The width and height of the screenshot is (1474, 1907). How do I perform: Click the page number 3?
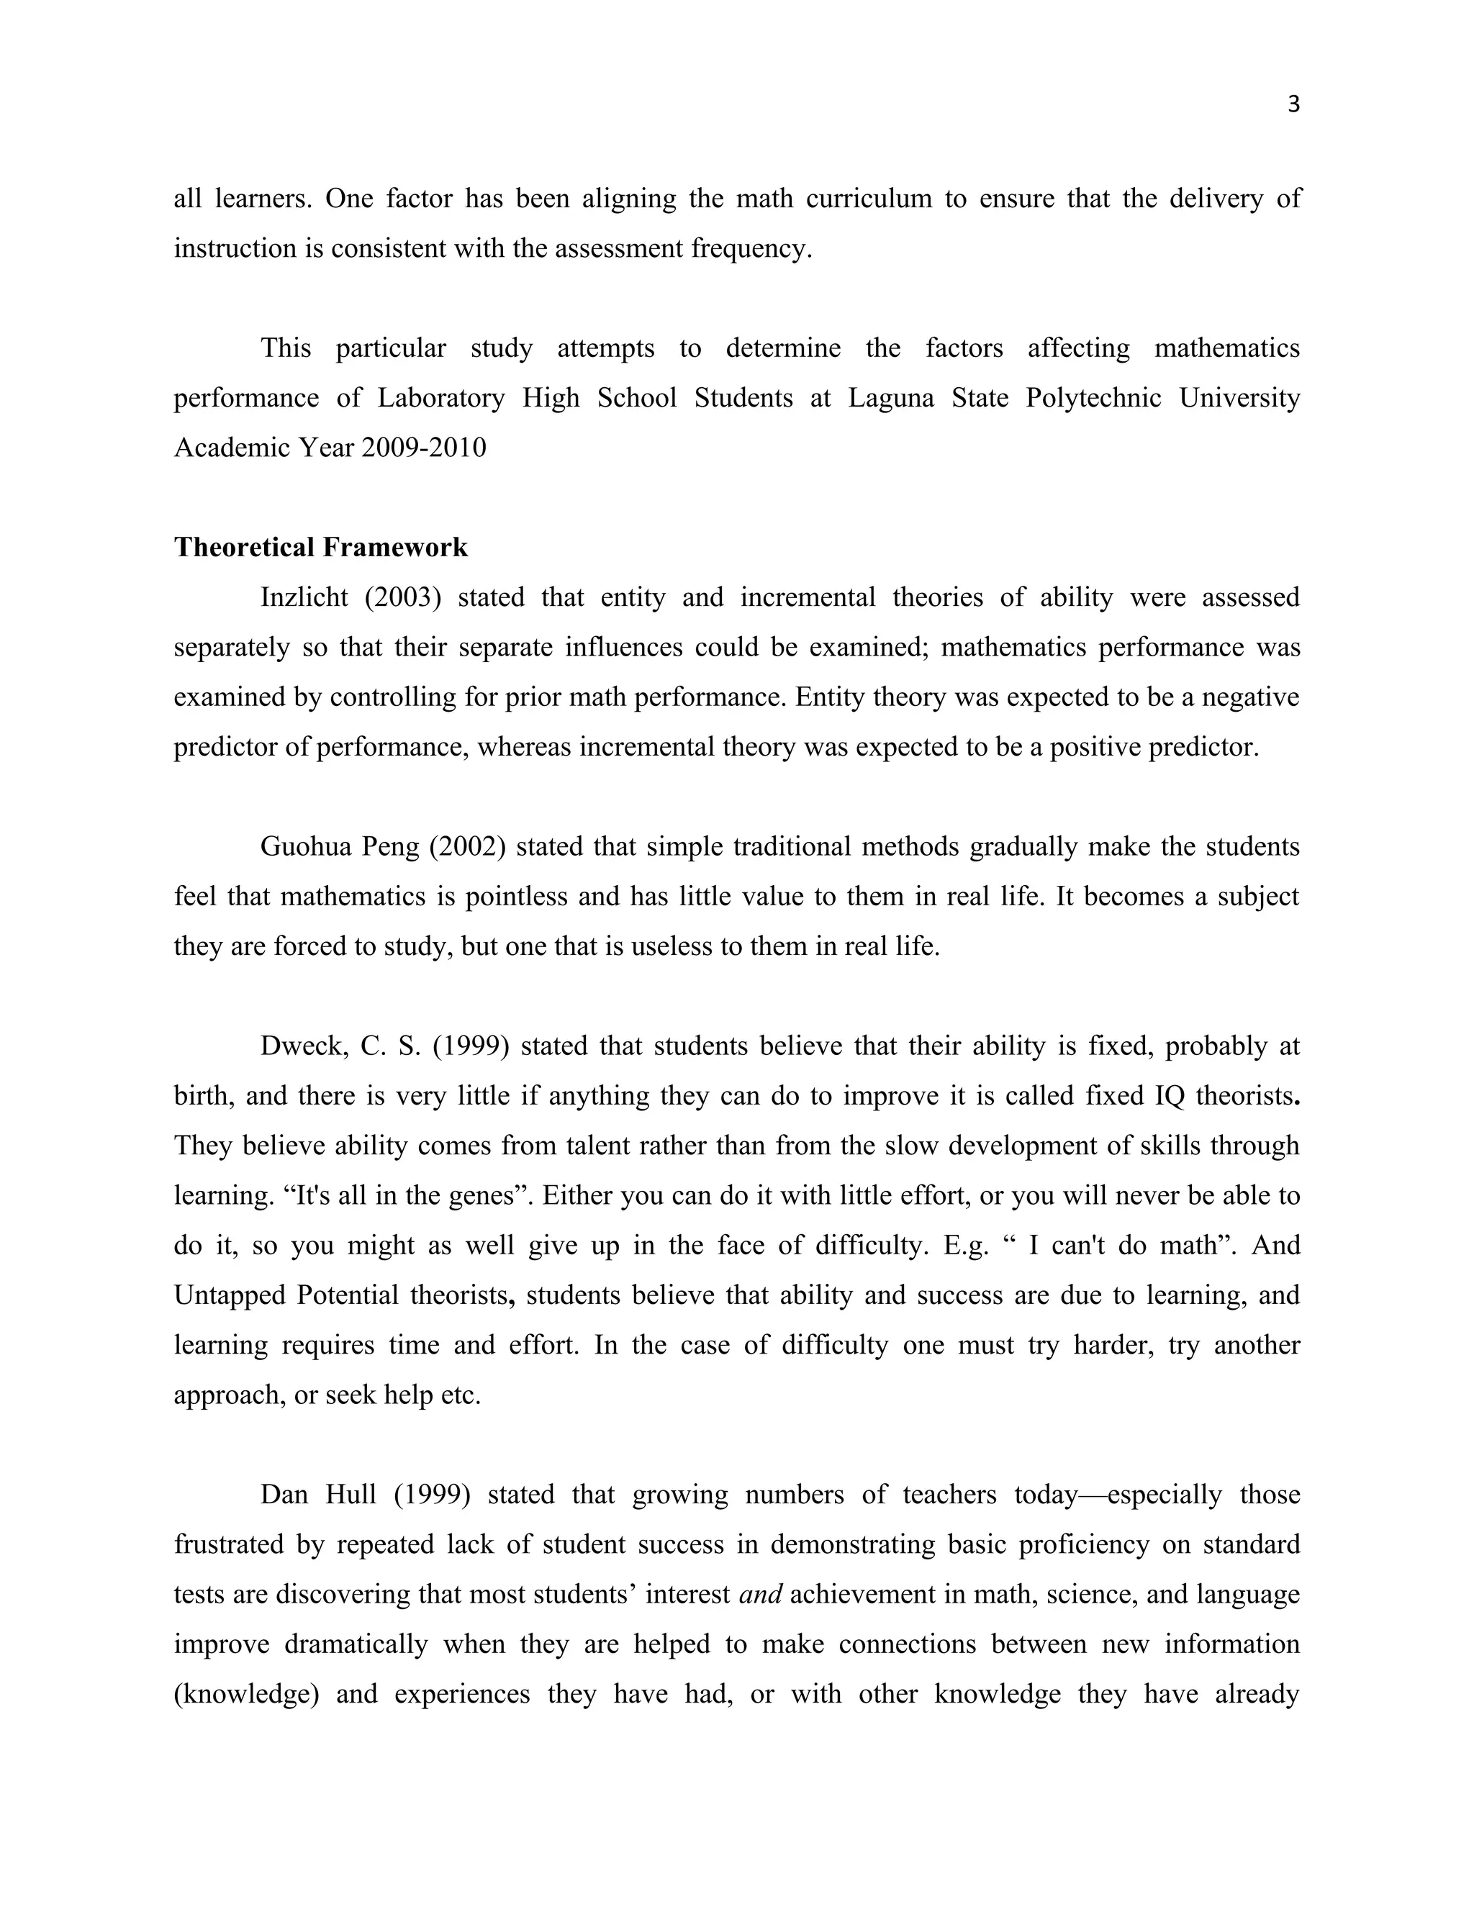coord(1293,105)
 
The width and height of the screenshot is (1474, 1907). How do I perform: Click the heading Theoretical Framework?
coord(320,548)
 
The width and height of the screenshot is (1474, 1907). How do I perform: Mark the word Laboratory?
coord(441,398)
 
